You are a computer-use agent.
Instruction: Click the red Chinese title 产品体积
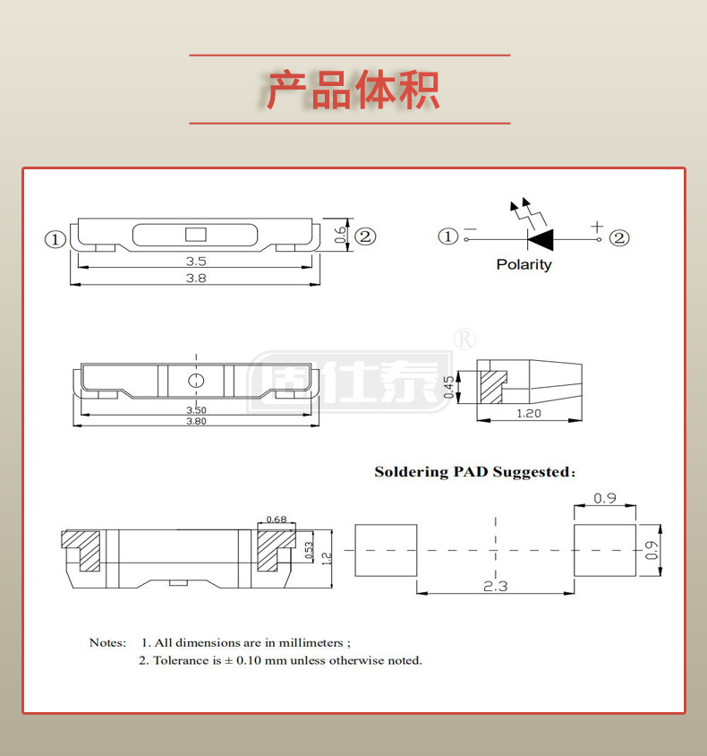point(353,90)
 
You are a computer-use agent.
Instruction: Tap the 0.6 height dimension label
point(340,235)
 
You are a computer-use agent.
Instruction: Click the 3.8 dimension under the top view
point(196,279)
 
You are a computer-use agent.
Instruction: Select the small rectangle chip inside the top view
point(195,236)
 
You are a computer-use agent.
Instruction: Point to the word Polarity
point(524,264)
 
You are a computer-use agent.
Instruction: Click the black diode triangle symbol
point(541,238)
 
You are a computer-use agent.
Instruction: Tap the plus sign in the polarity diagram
point(597,228)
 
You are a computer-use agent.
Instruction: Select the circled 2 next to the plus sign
point(619,237)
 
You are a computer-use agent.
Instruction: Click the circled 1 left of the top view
point(55,239)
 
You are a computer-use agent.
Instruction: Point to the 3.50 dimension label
point(195,411)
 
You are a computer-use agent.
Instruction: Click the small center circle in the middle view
point(195,381)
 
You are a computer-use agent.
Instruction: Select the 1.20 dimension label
point(530,414)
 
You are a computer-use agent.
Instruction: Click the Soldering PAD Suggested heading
point(474,472)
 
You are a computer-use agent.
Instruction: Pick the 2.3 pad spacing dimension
point(495,586)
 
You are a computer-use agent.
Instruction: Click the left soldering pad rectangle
point(387,550)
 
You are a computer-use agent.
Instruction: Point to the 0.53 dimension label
point(309,550)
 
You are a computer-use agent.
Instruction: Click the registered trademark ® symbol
point(465,339)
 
